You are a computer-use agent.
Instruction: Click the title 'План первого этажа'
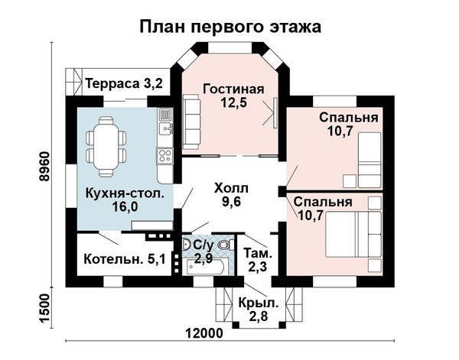pyautogui.click(x=230, y=27)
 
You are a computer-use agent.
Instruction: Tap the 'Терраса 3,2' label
pyautogui.click(x=124, y=83)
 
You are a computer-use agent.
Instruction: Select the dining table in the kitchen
pyautogui.click(x=106, y=147)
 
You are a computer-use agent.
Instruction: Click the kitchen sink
pyautogui.click(x=166, y=128)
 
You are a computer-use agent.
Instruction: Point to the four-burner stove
pyautogui.click(x=164, y=156)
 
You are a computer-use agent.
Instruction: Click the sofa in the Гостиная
pyautogui.click(x=191, y=122)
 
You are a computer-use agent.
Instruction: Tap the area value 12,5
pyautogui.click(x=233, y=102)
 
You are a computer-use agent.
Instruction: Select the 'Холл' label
pyautogui.click(x=231, y=188)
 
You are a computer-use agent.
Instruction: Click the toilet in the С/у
pyautogui.click(x=227, y=245)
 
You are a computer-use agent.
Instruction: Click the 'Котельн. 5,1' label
pyautogui.click(x=125, y=259)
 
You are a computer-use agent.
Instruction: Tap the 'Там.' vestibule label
pyautogui.click(x=258, y=253)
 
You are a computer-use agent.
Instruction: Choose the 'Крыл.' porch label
pyautogui.click(x=259, y=303)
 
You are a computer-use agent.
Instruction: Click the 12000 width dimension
pyautogui.click(x=204, y=332)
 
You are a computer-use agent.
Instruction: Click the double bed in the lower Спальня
pyautogui.click(x=353, y=234)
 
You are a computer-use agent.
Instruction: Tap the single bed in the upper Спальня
pyautogui.click(x=370, y=160)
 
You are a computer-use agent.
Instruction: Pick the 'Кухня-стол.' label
pyautogui.click(x=125, y=193)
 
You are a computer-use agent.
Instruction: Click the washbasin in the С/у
pyautogui.click(x=186, y=245)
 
